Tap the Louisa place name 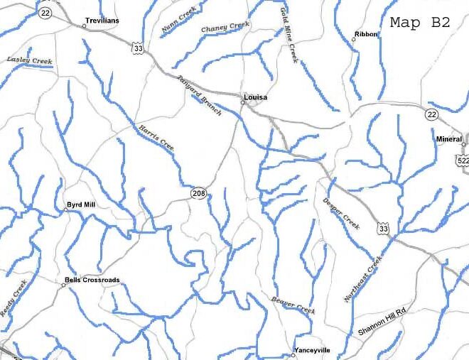click(255, 97)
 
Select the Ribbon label click(367, 33)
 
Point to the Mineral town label click(449, 139)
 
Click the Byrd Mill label click(80, 204)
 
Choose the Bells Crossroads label click(92, 280)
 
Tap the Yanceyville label click(312, 351)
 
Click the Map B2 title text click(420, 22)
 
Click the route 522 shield click(463, 161)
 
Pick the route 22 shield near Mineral click(433, 115)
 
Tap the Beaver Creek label click(293, 306)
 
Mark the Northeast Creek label click(363, 279)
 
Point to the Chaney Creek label click(225, 28)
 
